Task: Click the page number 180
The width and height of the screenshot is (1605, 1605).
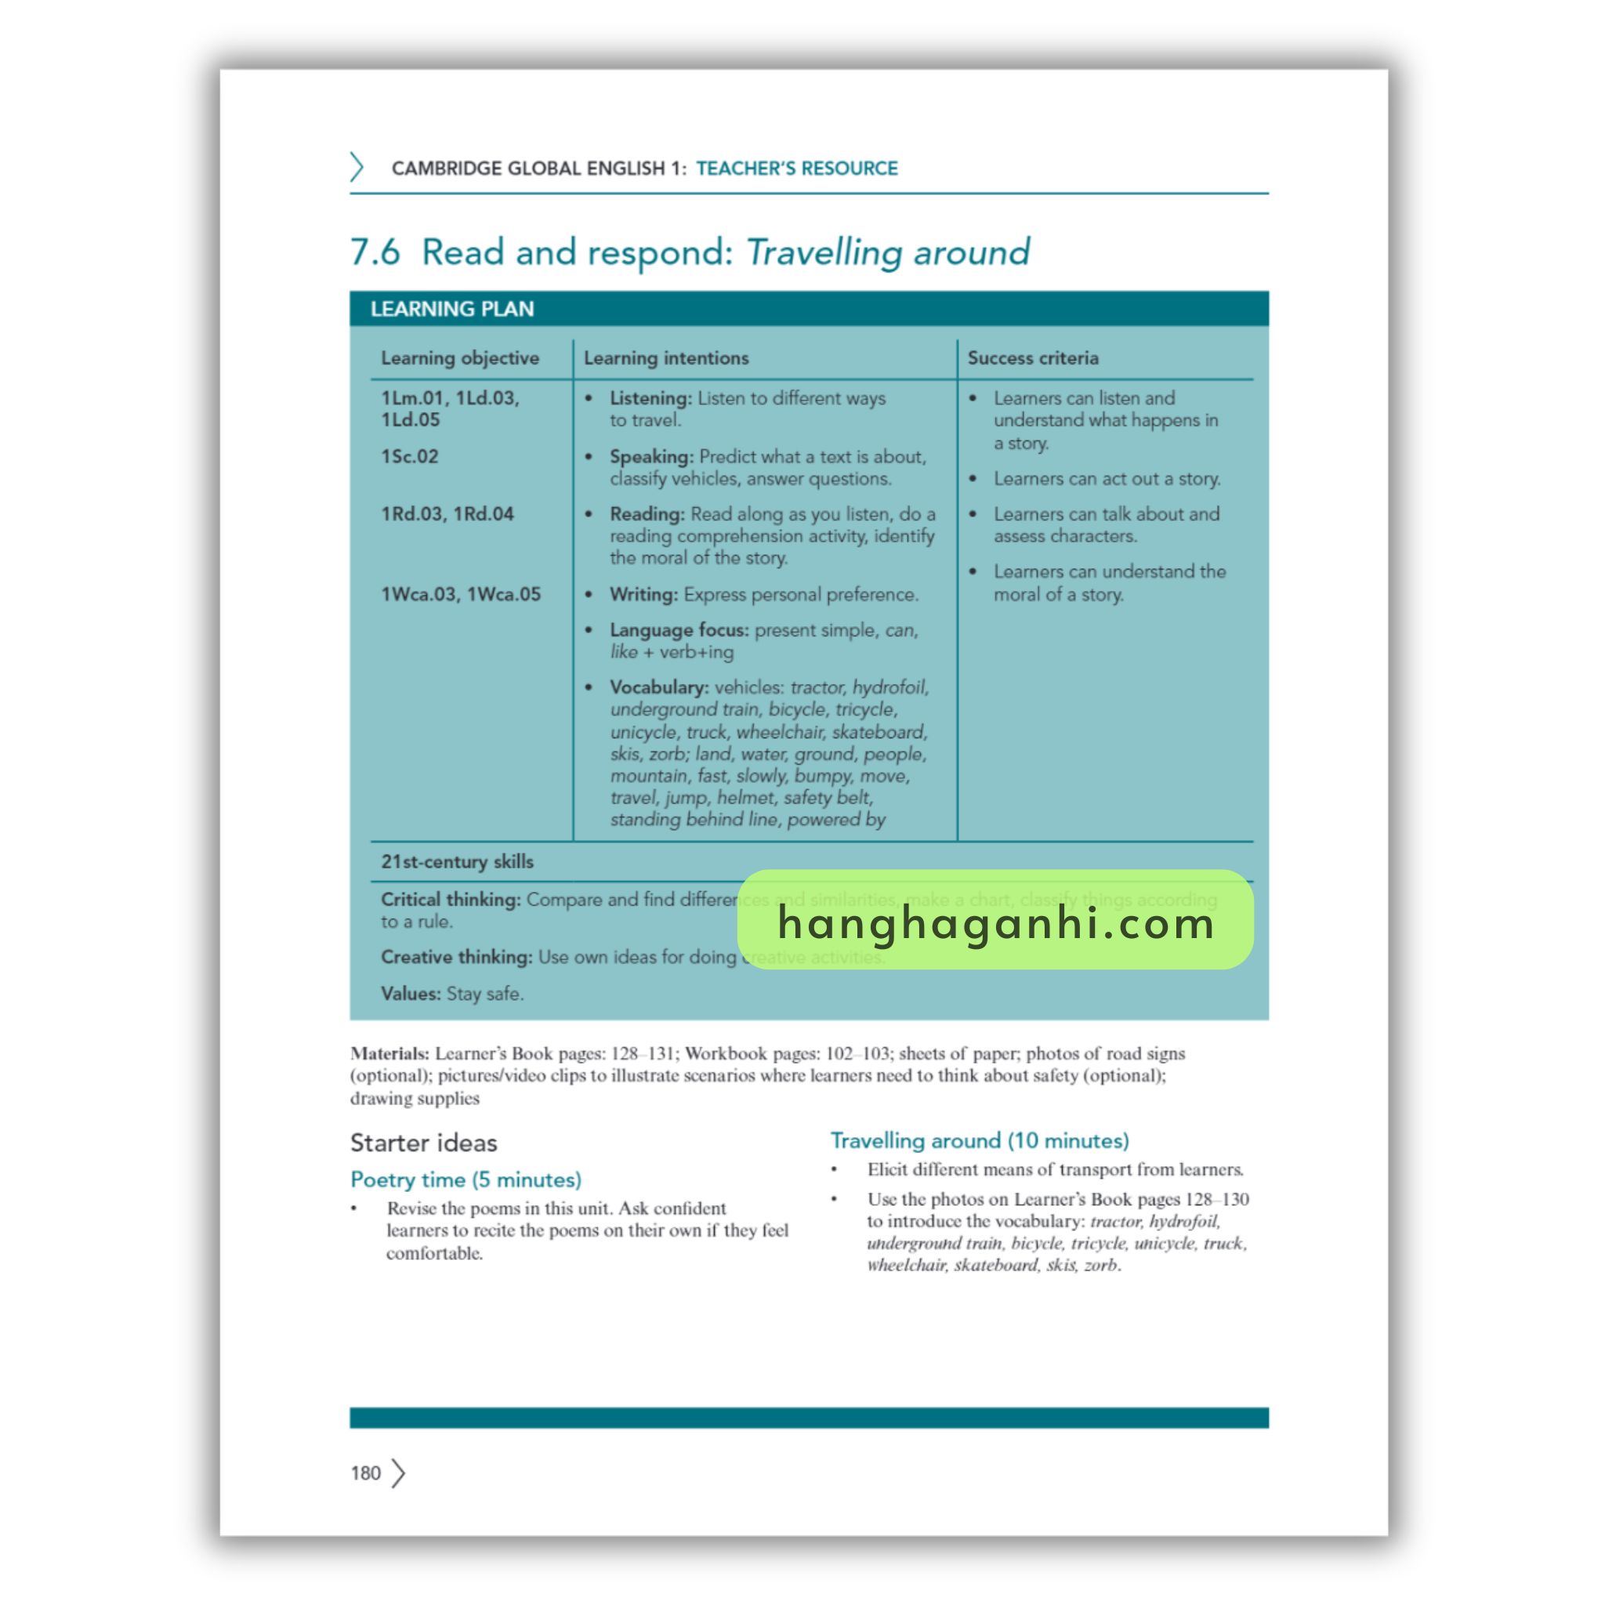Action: coord(364,1473)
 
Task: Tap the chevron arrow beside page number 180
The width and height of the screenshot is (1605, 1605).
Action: coord(399,1473)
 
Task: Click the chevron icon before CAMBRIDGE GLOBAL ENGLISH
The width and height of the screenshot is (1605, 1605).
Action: coord(357,167)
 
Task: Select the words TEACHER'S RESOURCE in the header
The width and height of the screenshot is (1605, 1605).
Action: coord(796,168)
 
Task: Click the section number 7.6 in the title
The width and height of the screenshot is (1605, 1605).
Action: coord(375,252)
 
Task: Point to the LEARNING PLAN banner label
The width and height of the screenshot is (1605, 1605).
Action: coord(452,309)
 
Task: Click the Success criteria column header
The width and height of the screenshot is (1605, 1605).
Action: coord(1033,358)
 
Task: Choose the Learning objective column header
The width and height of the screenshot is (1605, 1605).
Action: coord(459,358)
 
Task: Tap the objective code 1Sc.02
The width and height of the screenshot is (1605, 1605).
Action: coord(410,457)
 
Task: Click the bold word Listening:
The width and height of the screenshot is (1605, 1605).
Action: coord(650,399)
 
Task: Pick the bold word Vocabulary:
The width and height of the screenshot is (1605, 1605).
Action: coord(659,688)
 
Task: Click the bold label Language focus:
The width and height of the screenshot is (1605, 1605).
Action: coord(679,631)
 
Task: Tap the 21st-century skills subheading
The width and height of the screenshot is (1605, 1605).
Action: coord(457,861)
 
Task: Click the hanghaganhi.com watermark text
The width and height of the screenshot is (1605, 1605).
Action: coord(995,922)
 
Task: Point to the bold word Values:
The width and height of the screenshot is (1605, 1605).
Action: coord(411,994)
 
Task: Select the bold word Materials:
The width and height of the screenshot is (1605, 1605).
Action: coord(389,1053)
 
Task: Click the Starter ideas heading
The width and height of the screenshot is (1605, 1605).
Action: coord(424,1143)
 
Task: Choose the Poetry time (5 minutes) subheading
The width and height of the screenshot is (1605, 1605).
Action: coord(466,1179)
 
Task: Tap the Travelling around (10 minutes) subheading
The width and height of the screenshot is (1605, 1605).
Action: coord(980,1140)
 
